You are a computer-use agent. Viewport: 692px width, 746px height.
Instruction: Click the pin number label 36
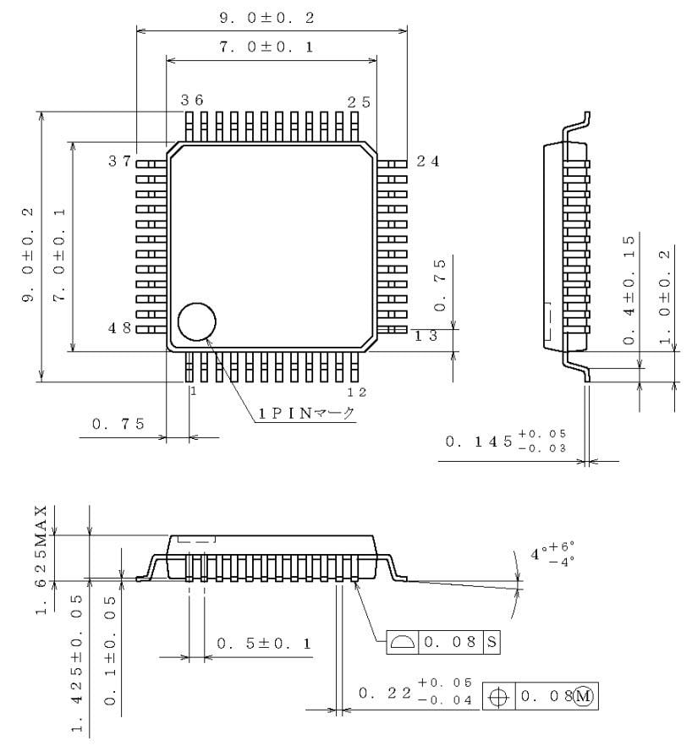(192, 101)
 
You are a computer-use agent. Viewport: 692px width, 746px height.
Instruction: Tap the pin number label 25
(359, 101)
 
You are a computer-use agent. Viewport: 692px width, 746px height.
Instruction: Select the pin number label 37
(119, 162)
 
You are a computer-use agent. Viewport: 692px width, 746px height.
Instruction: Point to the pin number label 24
(428, 162)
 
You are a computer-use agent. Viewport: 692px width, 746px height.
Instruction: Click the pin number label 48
(119, 328)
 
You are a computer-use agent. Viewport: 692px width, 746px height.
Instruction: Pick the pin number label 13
(425, 337)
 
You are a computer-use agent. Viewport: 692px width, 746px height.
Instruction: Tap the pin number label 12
(359, 392)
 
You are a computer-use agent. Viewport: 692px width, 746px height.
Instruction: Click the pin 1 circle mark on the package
(196, 322)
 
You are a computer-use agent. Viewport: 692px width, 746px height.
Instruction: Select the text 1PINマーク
(307, 413)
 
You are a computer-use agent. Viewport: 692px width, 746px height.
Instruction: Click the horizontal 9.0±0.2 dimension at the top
(272, 17)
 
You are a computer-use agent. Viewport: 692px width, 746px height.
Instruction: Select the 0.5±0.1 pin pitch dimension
(264, 644)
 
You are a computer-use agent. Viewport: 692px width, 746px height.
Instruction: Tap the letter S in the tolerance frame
(491, 642)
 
